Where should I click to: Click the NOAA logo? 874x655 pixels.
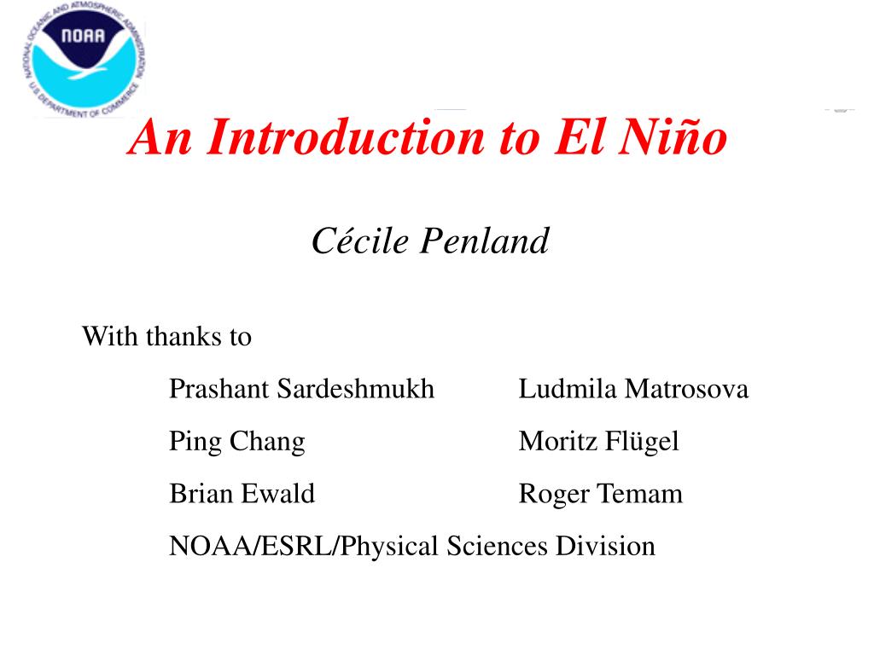[84, 60]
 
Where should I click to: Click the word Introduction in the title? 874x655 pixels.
[347, 137]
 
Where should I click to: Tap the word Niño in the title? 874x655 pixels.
[673, 137]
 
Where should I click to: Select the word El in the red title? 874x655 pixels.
[579, 137]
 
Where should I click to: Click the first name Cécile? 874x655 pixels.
[360, 241]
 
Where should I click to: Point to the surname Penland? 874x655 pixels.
[485, 241]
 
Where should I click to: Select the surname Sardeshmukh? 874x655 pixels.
[356, 389]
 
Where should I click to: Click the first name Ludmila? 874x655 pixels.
[568, 389]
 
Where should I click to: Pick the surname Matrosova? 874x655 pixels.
[686, 389]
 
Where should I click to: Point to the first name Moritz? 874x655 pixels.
[558, 441]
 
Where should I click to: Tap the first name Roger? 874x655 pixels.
[554, 495]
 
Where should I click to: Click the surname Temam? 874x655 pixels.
[640, 494]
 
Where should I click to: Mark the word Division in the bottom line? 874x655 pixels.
[605, 546]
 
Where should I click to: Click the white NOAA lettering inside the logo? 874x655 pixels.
[83, 36]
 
